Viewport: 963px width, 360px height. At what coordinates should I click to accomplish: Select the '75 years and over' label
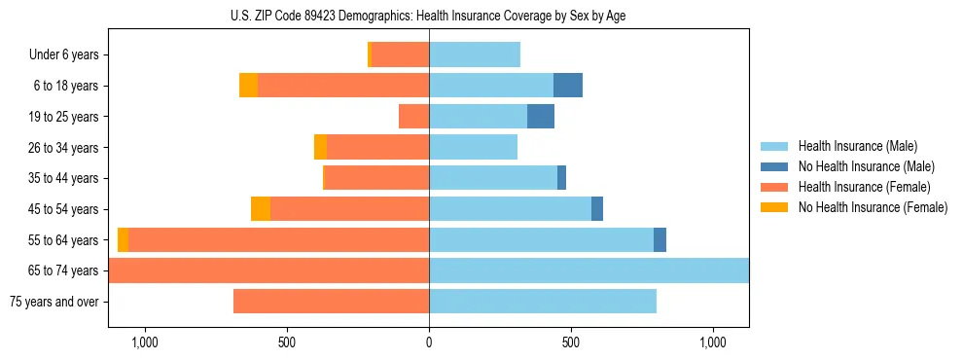pos(53,302)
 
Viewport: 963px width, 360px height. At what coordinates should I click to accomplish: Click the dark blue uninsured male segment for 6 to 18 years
pos(568,86)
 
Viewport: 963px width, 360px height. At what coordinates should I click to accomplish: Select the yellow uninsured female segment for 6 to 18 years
pos(248,86)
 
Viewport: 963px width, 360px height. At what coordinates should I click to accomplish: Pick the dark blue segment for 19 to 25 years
pos(541,117)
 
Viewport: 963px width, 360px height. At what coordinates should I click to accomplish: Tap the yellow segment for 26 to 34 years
pos(320,147)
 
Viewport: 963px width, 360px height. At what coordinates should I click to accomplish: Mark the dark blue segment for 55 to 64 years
pos(660,239)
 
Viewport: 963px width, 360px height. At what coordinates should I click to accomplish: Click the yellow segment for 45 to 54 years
pos(261,209)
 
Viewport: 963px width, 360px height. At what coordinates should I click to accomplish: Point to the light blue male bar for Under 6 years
pos(475,55)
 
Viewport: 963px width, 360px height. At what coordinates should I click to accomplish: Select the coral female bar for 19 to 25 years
pos(414,117)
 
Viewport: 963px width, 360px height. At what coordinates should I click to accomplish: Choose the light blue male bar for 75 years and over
pos(543,302)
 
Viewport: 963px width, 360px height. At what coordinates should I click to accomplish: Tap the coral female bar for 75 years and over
pos(331,302)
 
